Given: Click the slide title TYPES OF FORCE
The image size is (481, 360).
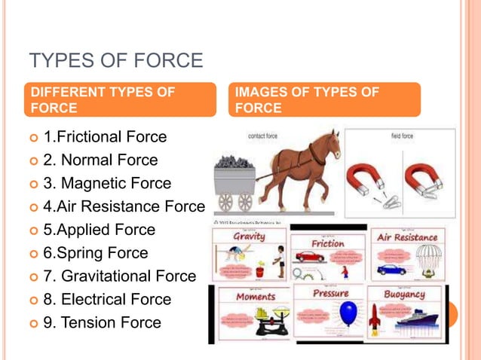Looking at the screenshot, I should tap(115, 60).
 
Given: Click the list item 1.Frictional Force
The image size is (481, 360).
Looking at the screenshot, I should tap(105, 137).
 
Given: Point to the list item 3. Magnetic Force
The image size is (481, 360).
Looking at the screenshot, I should tap(107, 183).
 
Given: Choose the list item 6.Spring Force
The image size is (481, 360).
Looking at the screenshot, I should tap(96, 253).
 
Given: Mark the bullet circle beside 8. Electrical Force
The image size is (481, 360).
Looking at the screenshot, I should tap(32, 300).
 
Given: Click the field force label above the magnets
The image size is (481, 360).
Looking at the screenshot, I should tap(400, 137).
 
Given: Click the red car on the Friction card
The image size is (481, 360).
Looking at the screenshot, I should tap(310, 256).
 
